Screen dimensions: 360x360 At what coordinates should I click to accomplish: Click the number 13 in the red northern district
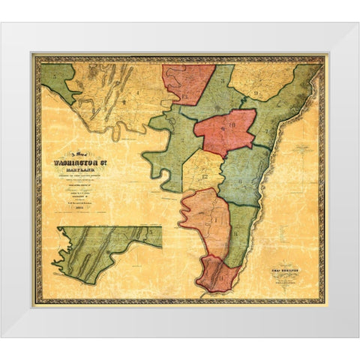tap(185, 94)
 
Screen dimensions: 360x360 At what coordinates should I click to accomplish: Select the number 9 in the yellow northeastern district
tap(256, 94)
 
